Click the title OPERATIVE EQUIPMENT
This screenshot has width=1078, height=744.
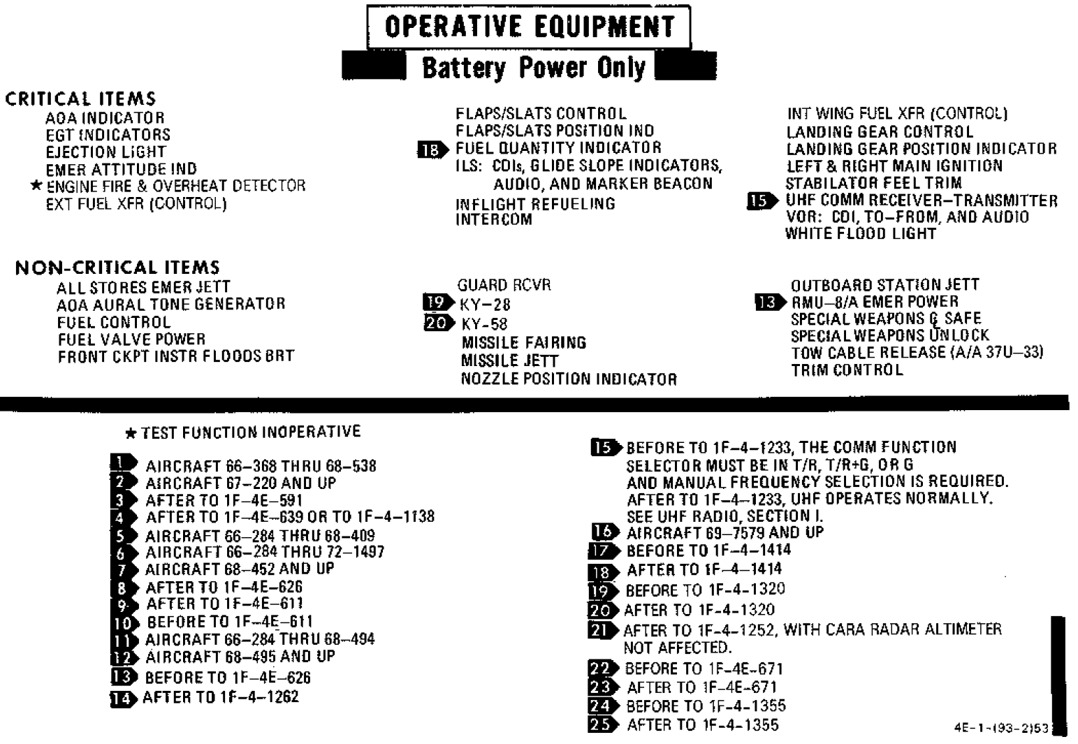(x=530, y=27)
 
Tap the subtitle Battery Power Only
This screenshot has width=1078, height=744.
(x=534, y=68)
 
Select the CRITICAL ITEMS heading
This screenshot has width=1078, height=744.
(x=80, y=99)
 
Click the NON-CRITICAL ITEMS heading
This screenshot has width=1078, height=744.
(x=117, y=268)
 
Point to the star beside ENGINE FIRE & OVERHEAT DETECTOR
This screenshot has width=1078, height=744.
(x=36, y=185)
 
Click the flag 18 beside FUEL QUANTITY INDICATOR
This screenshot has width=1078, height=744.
(x=432, y=150)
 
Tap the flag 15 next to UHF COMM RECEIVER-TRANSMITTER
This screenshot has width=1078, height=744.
(x=762, y=200)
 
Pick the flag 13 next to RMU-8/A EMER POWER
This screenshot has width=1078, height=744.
(x=771, y=302)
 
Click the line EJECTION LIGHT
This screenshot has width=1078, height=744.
(x=106, y=152)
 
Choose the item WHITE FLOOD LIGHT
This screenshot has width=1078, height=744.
(x=861, y=234)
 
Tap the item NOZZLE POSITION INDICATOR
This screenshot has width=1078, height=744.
(x=569, y=379)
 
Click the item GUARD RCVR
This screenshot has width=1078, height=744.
(x=504, y=286)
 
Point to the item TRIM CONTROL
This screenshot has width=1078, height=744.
(x=847, y=370)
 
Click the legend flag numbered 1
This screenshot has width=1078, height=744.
(x=124, y=463)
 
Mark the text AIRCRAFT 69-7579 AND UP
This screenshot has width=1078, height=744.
(x=724, y=532)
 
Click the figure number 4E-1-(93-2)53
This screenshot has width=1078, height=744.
(x=1001, y=728)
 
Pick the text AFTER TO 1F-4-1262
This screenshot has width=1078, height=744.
(x=221, y=696)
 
